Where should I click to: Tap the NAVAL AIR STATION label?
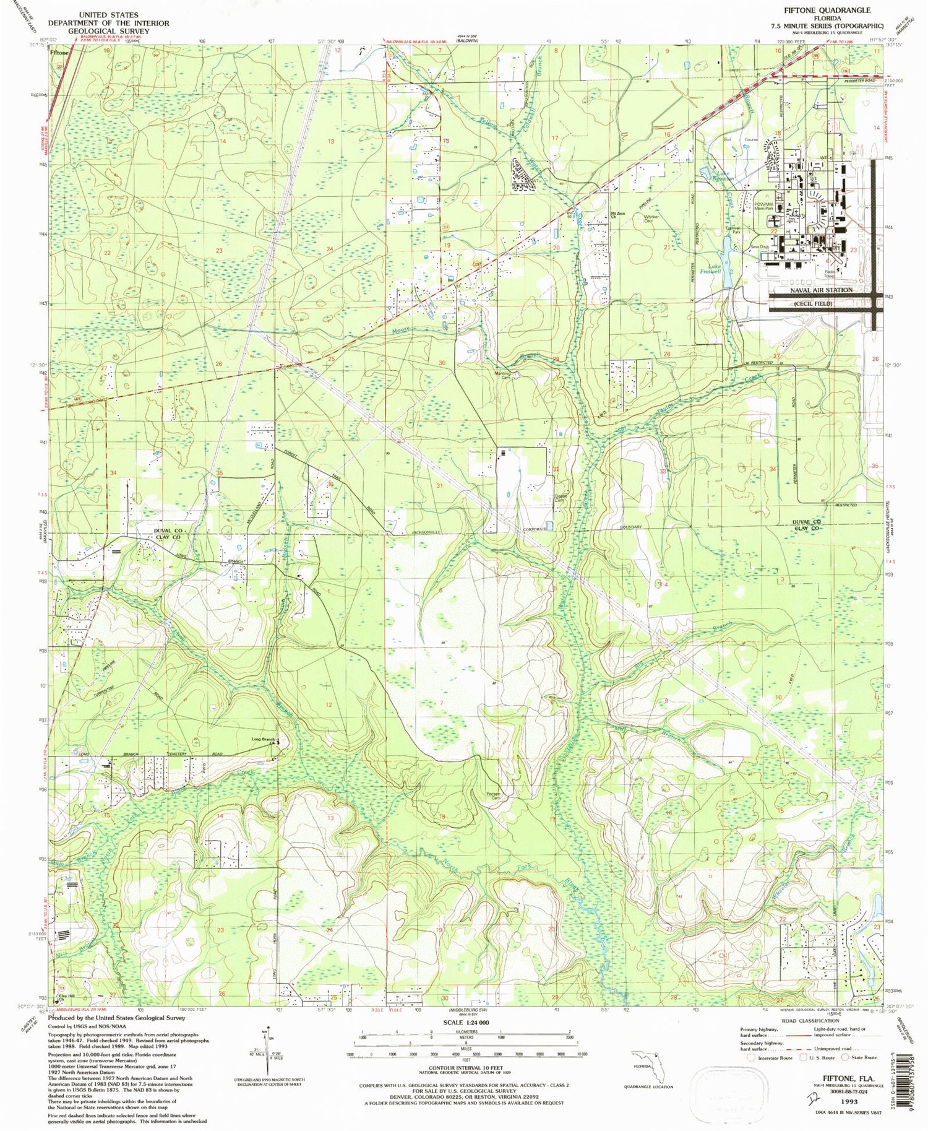click(821, 290)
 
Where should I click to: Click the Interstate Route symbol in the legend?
click(752, 1057)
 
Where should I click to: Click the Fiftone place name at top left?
click(59, 53)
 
